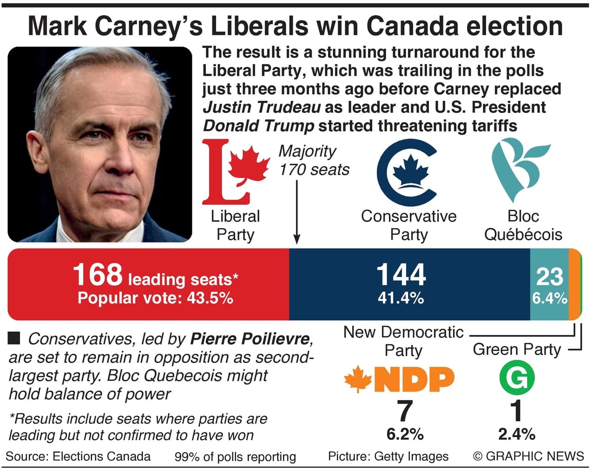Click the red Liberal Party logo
point(235,172)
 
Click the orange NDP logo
point(399,379)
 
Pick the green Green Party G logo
point(517,377)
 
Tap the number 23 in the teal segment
point(549,276)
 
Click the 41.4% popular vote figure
point(401,298)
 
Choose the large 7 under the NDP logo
point(404,412)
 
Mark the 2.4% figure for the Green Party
point(517,434)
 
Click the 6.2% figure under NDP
point(405,434)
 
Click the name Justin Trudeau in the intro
point(262,107)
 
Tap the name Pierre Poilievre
point(250,339)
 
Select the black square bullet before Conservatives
point(14,338)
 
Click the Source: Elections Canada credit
point(78,456)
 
